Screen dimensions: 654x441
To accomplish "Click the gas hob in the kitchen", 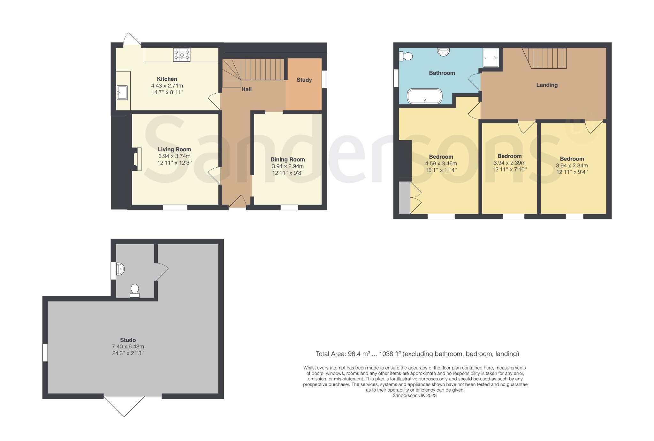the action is click(x=182, y=55).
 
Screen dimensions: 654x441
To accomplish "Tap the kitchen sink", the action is click(x=122, y=92).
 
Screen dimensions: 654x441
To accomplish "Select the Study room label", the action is click(x=304, y=80).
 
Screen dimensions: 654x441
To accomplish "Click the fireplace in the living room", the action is click(x=137, y=159).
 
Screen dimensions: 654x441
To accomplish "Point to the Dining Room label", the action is click(x=287, y=159).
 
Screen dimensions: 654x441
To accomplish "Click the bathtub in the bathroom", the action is click(x=425, y=96).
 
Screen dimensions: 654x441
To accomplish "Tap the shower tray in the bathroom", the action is click(x=491, y=58).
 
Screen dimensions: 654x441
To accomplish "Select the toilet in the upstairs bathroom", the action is click(x=406, y=57).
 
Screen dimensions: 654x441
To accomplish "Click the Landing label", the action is click(x=547, y=85).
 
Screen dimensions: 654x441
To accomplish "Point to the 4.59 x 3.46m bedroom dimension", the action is click(x=441, y=163).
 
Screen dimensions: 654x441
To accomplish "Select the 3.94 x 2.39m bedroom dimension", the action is click(x=509, y=163).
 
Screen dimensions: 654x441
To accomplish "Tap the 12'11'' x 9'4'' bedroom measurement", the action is click(x=572, y=172).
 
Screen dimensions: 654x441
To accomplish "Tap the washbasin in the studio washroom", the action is click(x=120, y=269).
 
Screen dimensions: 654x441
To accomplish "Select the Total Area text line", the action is click(x=417, y=354).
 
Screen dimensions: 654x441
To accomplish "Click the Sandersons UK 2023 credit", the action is click(x=414, y=395).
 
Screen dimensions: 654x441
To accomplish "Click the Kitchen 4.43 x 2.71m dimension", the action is click(x=167, y=86).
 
